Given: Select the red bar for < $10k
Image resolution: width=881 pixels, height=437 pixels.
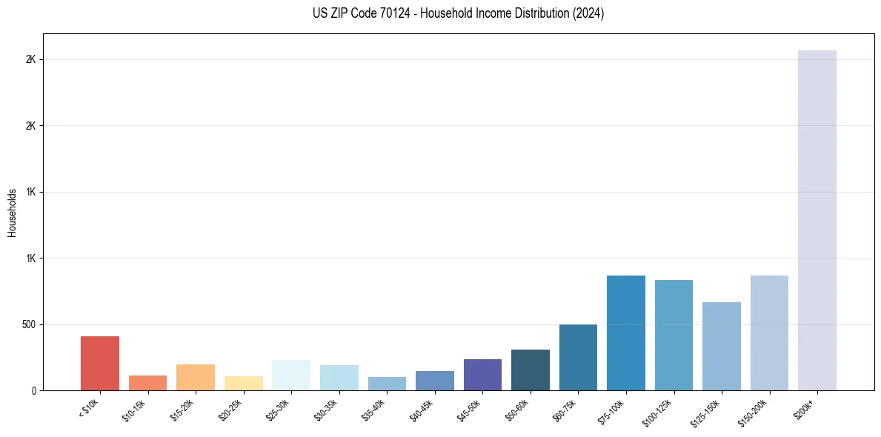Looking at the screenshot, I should (100, 363).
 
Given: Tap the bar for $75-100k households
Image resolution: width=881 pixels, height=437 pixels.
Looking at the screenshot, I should (626, 333).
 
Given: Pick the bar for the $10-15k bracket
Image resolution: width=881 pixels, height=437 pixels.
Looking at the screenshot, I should (147, 383).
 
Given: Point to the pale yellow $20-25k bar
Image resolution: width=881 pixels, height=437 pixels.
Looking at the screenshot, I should (244, 384).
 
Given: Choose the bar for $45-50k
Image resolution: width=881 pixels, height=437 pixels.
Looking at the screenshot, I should (482, 375).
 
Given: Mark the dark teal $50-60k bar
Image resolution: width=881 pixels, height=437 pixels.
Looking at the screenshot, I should (531, 370).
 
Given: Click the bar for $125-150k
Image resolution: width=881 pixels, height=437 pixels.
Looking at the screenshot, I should (722, 346).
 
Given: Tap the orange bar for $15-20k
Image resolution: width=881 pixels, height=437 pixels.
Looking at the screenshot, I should (196, 377).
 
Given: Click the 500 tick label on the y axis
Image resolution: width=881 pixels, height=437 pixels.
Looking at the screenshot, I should (28, 324).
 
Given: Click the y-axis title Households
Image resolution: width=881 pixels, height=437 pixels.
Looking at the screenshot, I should (12, 213).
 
